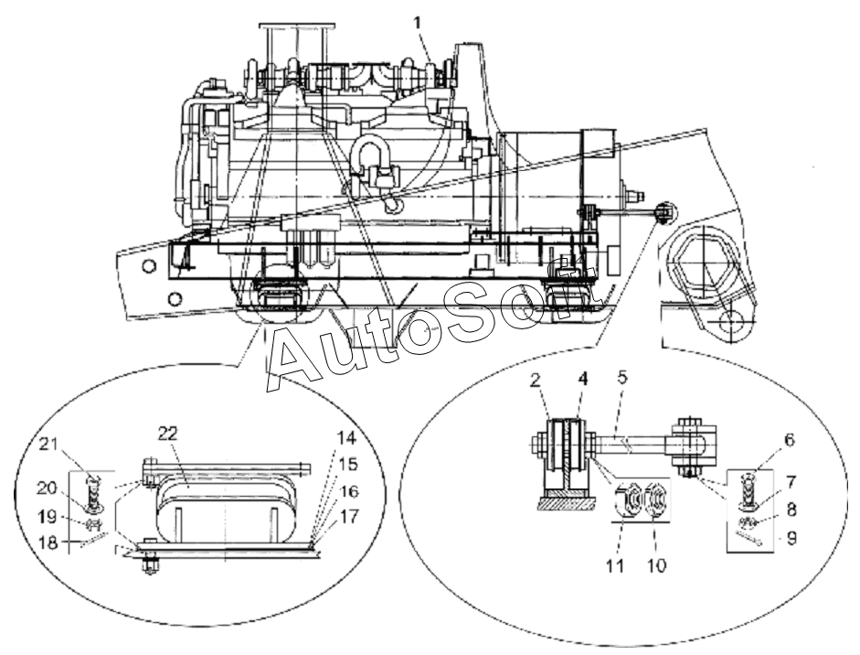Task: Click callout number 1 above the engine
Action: [x=418, y=24]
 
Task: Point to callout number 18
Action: [x=48, y=542]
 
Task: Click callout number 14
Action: [x=346, y=438]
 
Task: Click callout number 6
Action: [x=789, y=440]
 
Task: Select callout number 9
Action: [x=791, y=539]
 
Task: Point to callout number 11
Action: [x=615, y=565]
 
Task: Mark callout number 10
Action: [x=656, y=565]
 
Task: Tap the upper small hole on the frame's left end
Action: [x=147, y=267]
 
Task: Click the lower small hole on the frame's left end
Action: [x=175, y=299]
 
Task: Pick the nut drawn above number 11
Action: [x=629, y=500]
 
